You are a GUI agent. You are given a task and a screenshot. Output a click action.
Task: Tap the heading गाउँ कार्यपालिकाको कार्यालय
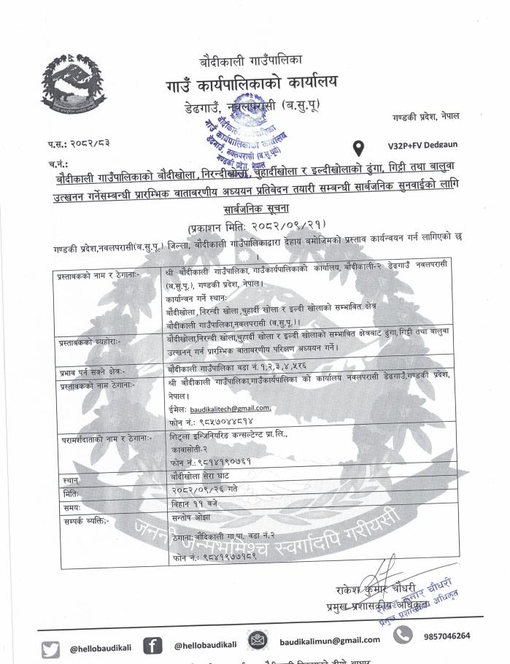[x=251, y=83]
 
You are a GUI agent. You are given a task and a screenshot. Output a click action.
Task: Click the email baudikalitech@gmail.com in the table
[x=230, y=408]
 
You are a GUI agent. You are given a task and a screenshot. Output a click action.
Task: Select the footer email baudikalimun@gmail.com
[x=330, y=640]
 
